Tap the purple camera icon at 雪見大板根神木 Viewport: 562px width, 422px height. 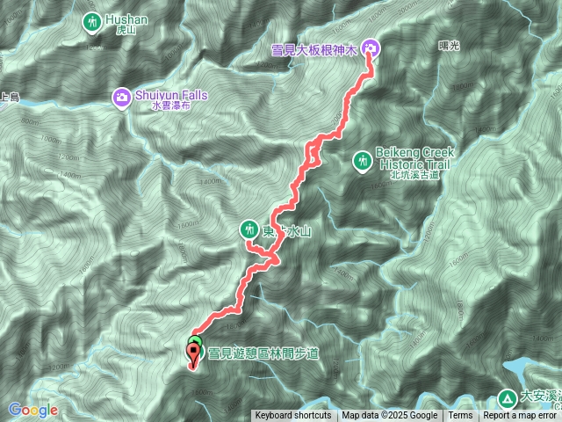click(370, 48)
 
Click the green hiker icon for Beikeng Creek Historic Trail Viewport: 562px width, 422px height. click(361, 160)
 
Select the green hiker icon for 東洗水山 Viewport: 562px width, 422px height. click(248, 230)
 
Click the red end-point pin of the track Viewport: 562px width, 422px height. click(193, 354)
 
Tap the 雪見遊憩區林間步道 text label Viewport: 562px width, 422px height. click(263, 353)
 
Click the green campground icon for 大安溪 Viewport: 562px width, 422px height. click(508, 397)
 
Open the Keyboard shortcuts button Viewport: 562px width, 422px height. click(293, 416)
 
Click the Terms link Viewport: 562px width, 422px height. click(460, 416)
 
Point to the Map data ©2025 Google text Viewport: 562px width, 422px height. click(389, 416)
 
